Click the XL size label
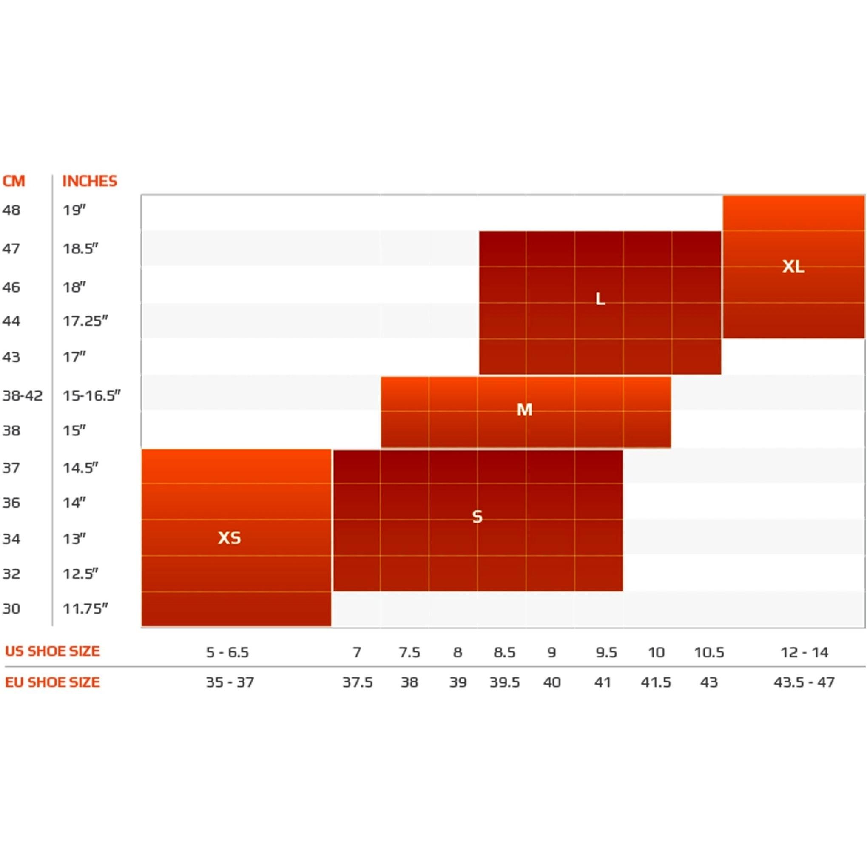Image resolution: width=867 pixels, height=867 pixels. coord(793,266)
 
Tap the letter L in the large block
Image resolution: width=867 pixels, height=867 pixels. coord(600,298)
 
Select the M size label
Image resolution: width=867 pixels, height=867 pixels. coord(524,409)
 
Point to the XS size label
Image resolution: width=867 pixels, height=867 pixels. coord(229,537)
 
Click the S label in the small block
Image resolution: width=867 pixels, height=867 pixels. coord(478,517)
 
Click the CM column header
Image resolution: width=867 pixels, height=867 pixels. coord(14,181)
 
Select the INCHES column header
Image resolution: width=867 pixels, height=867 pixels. coord(89,181)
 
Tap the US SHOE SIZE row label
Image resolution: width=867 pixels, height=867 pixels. coord(52,651)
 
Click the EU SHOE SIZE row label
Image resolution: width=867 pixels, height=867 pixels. coord(52,682)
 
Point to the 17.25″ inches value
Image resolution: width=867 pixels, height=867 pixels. coord(85,321)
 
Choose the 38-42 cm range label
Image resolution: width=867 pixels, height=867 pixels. coord(23,395)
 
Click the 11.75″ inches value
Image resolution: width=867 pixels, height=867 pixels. coord(85,608)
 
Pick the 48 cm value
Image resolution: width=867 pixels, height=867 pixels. coord(11,210)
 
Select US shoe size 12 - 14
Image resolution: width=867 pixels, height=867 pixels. coord(804,652)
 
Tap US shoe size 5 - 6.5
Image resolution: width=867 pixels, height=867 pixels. coord(227,652)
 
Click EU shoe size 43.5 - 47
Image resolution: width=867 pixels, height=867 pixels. coord(804,682)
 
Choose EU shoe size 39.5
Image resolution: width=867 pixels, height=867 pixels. coord(504,682)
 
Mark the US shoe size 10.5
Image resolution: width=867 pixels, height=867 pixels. coord(709,652)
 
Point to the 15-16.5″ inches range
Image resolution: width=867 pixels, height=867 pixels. coord(91,395)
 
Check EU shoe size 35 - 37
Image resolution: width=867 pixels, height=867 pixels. coord(230,682)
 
